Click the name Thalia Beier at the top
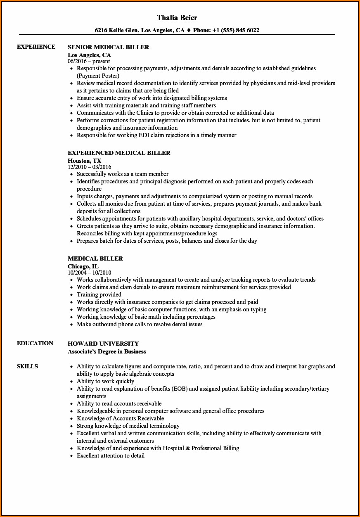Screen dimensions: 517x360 (x=177, y=18)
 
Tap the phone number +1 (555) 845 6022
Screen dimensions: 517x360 (x=236, y=30)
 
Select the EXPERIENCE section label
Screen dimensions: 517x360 (x=36, y=47)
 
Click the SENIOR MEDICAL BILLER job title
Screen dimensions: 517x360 (x=108, y=47)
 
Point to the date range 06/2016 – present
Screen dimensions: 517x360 (x=89, y=61)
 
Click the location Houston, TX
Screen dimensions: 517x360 (x=84, y=160)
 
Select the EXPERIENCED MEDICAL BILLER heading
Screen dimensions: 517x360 (x=119, y=153)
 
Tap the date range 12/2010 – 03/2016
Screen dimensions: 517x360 (x=89, y=167)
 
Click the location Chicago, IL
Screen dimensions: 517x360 (x=83, y=266)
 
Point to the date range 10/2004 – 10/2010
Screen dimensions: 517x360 (x=89, y=273)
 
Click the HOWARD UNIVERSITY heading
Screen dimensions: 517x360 (x=103, y=344)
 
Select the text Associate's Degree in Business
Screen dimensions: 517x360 (x=107, y=351)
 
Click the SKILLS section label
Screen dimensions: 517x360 (x=27, y=366)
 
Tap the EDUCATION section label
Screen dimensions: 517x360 (x=35, y=343)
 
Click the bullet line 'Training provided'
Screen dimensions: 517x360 (x=99, y=294)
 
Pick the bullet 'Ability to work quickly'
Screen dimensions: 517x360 (x=105, y=381)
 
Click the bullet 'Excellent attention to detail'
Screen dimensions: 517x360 (x=111, y=455)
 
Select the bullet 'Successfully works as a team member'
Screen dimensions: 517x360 (x=123, y=174)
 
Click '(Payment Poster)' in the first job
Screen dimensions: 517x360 (x=98, y=76)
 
